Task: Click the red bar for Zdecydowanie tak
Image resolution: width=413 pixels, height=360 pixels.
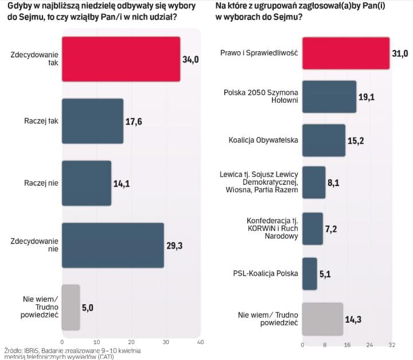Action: [x=120, y=59]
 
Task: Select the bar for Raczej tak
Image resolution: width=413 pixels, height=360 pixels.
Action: [x=92, y=121]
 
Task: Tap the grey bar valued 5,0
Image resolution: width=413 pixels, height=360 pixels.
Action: [x=71, y=307]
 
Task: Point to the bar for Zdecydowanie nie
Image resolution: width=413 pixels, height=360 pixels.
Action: [x=112, y=245]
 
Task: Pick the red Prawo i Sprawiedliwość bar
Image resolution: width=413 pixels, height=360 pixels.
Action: [x=345, y=53]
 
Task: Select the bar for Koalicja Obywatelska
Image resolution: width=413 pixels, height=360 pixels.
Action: [x=324, y=140]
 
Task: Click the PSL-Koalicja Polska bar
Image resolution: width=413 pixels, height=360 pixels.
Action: [x=309, y=273]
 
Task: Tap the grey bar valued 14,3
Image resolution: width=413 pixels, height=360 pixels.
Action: [x=322, y=319]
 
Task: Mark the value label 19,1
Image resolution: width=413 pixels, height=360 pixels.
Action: [x=367, y=97]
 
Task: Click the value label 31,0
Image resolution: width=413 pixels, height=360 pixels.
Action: [x=399, y=53]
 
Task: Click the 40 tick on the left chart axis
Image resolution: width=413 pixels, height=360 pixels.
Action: [x=200, y=342]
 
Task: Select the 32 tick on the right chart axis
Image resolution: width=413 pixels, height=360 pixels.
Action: [x=392, y=345]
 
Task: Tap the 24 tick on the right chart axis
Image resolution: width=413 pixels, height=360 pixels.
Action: [x=369, y=345]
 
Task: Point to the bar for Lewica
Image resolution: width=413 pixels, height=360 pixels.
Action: [x=313, y=182]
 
